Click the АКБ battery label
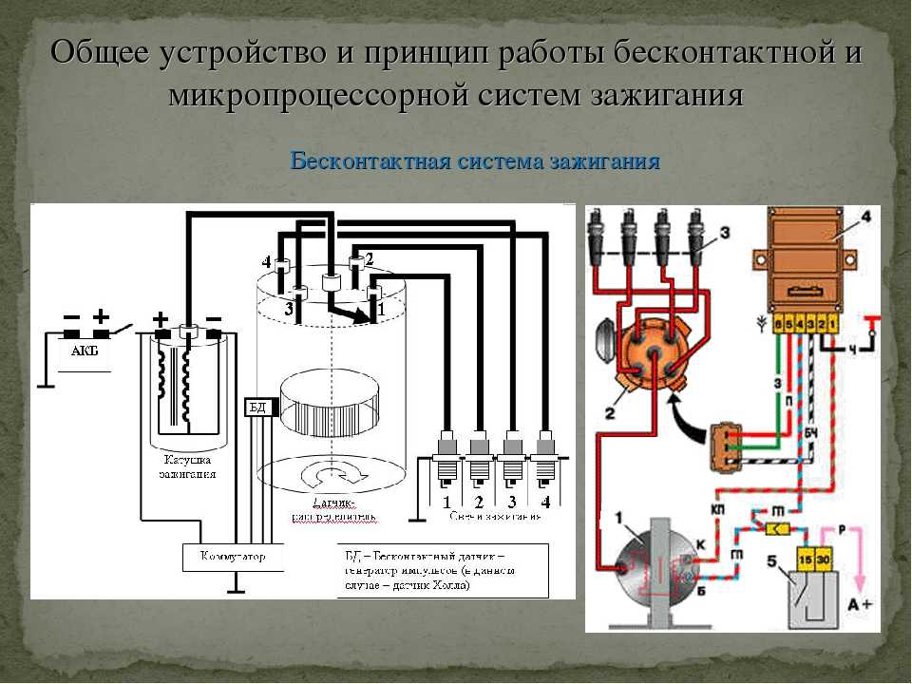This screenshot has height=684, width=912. pyautogui.click(x=85, y=350)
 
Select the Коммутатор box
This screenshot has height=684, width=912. pyautogui.click(x=234, y=556)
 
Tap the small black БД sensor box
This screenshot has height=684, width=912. pyautogui.click(x=257, y=408)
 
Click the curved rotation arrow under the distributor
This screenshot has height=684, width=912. pyautogui.click(x=332, y=472)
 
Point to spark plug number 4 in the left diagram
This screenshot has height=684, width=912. pyautogui.click(x=544, y=456)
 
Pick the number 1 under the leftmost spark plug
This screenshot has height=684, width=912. pyautogui.click(x=446, y=501)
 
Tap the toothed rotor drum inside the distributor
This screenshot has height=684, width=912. pyautogui.click(x=330, y=406)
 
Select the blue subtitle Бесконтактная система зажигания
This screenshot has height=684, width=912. pyautogui.click(x=474, y=160)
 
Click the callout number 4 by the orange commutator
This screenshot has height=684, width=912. pyautogui.click(x=865, y=218)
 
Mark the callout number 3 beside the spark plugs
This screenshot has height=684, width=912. pyautogui.click(x=724, y=231)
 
